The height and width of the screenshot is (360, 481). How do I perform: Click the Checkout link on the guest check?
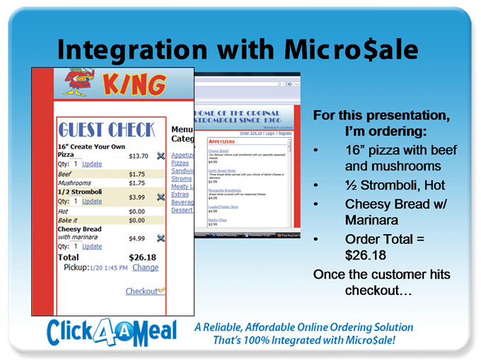pyautogui.click(x=141, y=291)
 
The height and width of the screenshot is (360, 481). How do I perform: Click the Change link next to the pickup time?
pyautogui.click(x=145, y=267)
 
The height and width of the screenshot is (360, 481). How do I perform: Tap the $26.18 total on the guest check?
pyautogui.click(x=141, y=257)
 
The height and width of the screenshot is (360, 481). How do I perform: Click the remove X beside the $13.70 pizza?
pyautogui.click(x=161, y=156)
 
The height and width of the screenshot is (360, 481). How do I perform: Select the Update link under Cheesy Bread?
pyautogui.click(x=92, y=247)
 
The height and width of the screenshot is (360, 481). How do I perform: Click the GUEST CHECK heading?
pyautogui.click(x=105, y=129)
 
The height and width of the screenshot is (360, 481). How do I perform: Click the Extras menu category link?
pyautogui.click(x=180, y=194)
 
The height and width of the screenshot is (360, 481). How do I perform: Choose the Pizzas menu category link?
pyautogui.click(x=180, y=163)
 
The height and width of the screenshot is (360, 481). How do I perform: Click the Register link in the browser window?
pyautogui.click(x=285, y=133)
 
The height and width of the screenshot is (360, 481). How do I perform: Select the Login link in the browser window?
pyautogui.click(x=270, y=133)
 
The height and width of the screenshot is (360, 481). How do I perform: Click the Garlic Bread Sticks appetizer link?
pyautogui.click(x=222, y=170)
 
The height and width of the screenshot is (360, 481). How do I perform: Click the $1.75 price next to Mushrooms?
pyautogui.click(x=137, y=182)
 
